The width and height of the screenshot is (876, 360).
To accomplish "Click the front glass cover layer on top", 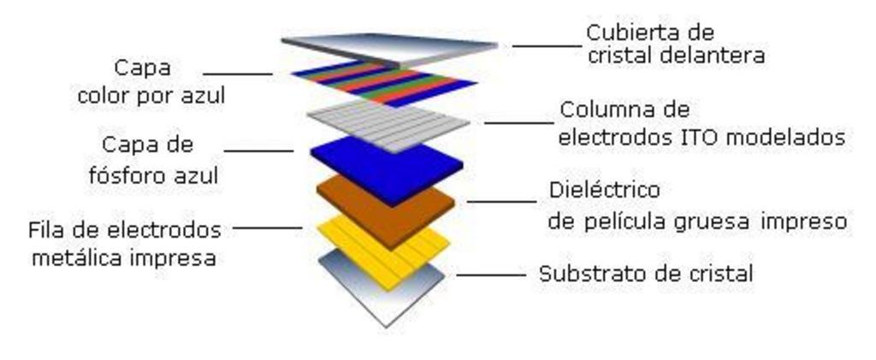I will (389, 47).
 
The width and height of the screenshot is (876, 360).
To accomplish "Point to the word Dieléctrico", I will (604, 189).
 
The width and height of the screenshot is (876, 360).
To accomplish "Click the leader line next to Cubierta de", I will (545, 45).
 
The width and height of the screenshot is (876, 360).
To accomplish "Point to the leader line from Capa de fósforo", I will (257, 151).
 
